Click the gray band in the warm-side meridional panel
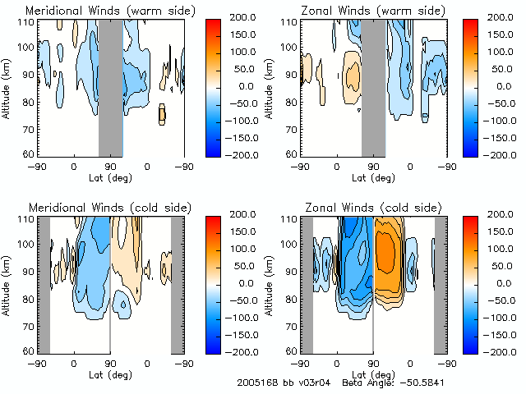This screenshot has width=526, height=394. tap(111, 86)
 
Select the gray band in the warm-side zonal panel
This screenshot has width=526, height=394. tap(374, 86)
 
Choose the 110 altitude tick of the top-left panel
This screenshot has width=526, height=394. tap(29, 22)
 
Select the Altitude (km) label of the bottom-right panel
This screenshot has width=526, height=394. tap(272, 284)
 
